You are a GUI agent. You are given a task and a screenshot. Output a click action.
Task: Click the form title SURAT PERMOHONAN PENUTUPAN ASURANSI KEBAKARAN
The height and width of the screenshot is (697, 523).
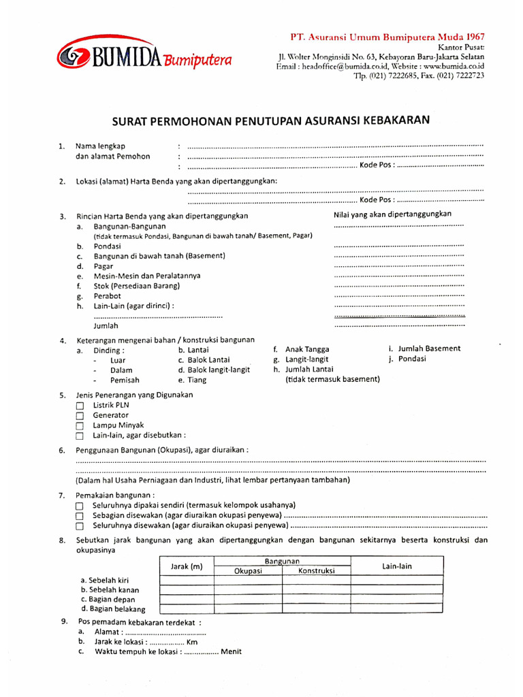271,120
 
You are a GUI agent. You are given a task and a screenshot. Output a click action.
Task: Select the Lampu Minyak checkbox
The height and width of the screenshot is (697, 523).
80,426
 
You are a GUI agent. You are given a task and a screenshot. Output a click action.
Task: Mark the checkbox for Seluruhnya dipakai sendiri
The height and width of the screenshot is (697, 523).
80,506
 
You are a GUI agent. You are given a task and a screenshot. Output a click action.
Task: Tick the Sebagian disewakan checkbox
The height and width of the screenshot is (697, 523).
80,516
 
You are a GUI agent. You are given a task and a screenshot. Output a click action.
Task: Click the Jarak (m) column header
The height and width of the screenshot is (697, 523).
186,566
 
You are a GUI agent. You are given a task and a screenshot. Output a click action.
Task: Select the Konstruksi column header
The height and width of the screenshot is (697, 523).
316,571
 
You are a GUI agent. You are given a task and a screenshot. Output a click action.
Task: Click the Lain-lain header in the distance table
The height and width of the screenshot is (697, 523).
398,566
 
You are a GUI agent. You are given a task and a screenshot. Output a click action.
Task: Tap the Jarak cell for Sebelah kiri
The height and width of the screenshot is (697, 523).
186,581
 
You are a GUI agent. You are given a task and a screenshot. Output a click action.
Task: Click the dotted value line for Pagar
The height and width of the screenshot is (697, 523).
399,266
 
